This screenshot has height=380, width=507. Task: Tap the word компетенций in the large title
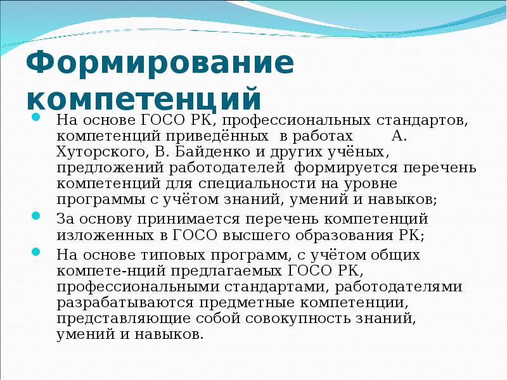coord(144,100)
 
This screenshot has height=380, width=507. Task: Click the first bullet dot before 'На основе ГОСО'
coord(36,118)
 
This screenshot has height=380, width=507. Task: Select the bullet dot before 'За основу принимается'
coord(36,217)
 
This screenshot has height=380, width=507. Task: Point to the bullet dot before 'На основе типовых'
coord(36,252)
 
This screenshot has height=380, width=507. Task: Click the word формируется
coord(342,168)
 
